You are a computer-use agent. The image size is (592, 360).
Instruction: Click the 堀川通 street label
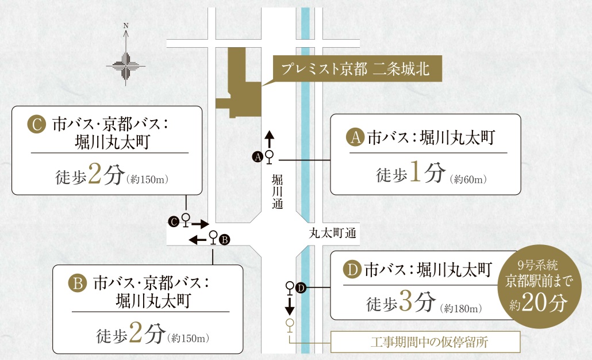point(277,192)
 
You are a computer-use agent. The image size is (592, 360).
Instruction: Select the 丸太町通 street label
point(333,233)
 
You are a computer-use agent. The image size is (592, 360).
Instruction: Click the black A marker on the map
point(258,156)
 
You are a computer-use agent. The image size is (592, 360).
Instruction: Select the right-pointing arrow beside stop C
point(199,222)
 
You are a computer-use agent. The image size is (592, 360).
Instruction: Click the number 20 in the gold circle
point(540,300)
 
